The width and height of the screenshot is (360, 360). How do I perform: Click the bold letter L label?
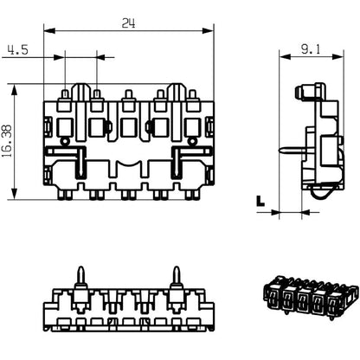pyautogui.click(x=260, y=201)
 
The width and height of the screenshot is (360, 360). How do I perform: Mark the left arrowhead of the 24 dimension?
pyautogui.click(x=47, y=32)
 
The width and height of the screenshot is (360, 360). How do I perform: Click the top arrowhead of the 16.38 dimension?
pyautogui.click(x=16, y=87)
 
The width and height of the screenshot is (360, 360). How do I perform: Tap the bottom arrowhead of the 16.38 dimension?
pyautogui.click(x=16, y=196)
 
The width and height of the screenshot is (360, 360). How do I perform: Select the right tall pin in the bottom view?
pyautogui.click(x=177, y=278)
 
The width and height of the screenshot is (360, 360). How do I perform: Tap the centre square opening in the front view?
pyautogui.click(x=128, y=128)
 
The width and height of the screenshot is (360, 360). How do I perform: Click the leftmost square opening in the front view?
pyautogui.click(x=64, y=128)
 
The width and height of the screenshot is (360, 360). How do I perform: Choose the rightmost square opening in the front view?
pyautogui.click(x=192, y=128)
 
